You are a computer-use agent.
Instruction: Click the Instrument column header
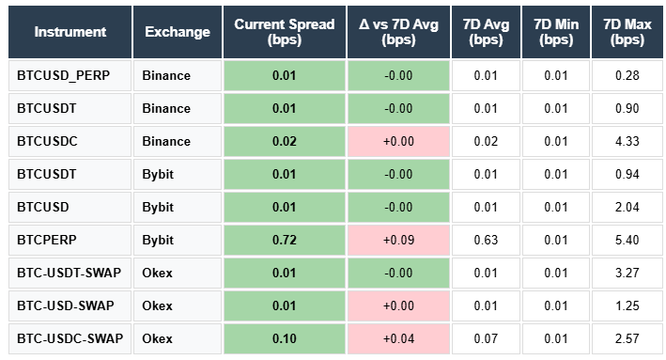click(70, 32)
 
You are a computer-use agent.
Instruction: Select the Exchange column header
click(178, 32)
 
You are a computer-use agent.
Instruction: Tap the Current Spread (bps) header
click(284, 32)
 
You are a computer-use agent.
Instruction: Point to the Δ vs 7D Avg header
click(398, 32)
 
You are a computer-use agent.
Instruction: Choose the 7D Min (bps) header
click(556, 32)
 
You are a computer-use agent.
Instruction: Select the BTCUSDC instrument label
click(47, 141)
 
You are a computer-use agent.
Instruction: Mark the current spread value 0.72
click(284, 240)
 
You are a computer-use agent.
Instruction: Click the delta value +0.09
click(398, 240)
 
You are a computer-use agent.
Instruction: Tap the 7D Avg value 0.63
click(487, 240)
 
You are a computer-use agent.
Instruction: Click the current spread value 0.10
click(284, 337)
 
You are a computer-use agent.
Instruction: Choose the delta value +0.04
click(398, 337)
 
